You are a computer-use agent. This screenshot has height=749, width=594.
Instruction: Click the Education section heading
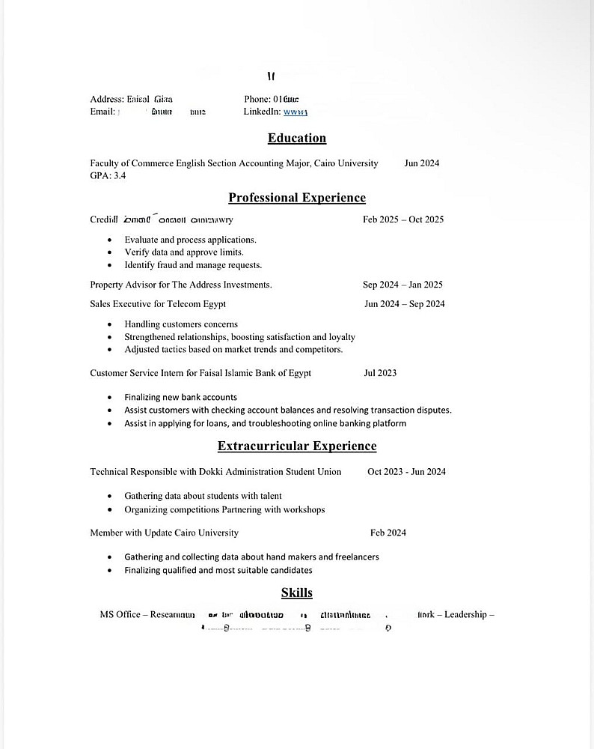pos(297,138)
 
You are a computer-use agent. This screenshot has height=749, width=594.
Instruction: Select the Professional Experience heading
pos(297,198)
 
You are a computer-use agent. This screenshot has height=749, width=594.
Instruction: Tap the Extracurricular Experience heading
pos(297,446)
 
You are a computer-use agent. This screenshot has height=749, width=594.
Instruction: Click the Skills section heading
pos(297,593)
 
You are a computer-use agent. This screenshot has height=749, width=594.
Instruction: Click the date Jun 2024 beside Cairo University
pos(422,163)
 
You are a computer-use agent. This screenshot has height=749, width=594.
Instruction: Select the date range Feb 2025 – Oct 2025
pos(403,220)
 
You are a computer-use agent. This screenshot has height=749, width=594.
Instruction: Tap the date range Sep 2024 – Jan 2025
pos(402,285)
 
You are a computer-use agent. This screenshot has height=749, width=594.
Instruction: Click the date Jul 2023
pos(380,373)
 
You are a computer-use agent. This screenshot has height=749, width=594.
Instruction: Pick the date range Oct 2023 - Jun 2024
pos(406,472)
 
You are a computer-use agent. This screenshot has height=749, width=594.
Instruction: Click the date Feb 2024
pos(388,533)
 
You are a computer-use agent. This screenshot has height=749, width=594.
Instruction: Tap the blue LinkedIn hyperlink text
pos(296,112)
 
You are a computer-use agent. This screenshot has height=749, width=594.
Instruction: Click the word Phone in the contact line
pos(257,99)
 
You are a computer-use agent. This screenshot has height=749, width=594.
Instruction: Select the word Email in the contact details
pos(102,112)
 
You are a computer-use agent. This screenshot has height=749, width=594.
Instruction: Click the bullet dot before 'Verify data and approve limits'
pos(110,252)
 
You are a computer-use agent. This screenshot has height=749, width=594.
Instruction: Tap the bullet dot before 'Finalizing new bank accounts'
pos(110,398)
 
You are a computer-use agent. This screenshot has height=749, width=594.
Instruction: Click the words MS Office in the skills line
pos(120,615)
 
